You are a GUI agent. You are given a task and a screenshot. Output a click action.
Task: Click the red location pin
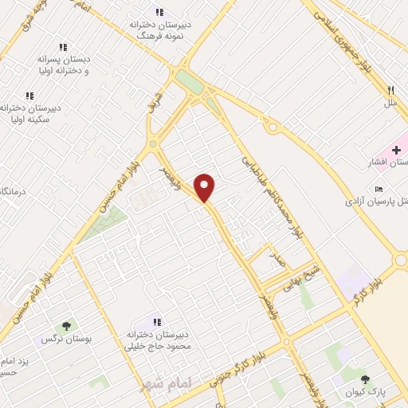pyautogui.click(x=206, y=187)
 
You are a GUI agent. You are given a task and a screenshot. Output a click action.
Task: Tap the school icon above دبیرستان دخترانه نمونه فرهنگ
pyautogui.click(x=159, y=12)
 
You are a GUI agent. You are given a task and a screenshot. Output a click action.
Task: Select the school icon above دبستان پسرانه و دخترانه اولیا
pyautogui.click(x=63, y=47)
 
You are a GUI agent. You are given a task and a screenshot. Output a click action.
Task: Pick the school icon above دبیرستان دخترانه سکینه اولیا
pyautogui.click(x=29, y=96)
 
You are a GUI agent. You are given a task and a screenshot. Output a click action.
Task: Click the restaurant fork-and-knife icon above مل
pyautogui.click(x=390, y=91)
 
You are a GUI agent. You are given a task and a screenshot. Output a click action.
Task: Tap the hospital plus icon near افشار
pyautogui.click(x=396, y=150)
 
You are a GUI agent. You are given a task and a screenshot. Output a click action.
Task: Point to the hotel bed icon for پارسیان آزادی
pyautogui.click(x=379, y=189)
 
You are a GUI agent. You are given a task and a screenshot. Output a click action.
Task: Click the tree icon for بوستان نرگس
pyautogui.click(x=65, y=325)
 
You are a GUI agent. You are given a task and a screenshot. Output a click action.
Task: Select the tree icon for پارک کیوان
pyautogui.click(x=366, y=379)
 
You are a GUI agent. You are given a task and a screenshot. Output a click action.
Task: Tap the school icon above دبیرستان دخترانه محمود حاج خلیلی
pyautogui.click(x=157, y=321)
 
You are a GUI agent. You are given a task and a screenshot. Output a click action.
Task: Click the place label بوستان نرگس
pyautogui.click(x=65, y=339)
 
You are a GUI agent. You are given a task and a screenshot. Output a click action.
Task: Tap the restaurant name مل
pyautogui.click(x=390, y=104)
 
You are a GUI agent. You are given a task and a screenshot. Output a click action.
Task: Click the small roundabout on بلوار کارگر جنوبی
pyautogui.click(x=288, y=343)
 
